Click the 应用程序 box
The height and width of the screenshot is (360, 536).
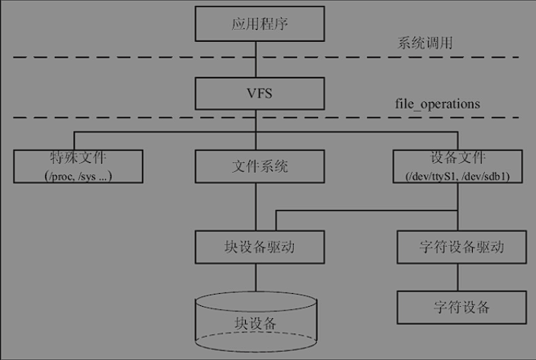[256, 24]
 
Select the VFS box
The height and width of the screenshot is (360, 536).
[256, 94]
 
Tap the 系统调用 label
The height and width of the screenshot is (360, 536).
[426, 43]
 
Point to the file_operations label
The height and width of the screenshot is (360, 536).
[438, 104]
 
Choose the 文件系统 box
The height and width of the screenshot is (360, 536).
[256, 166]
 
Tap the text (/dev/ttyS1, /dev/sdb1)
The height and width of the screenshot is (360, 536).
[458, 176]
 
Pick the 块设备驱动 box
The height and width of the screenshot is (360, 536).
[256, 247]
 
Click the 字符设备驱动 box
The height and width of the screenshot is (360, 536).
[461, 247]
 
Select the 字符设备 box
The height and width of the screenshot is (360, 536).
[461, 307]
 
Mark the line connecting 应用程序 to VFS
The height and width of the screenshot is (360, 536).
[256, 59]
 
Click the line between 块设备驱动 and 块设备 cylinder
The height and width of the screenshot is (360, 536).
[256, 276]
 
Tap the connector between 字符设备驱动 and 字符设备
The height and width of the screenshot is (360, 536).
[461, 277]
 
